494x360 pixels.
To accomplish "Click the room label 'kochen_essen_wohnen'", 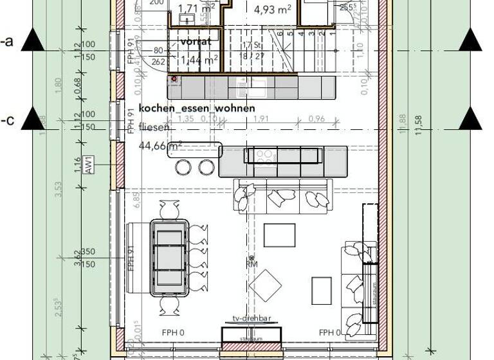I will tap(197, 108).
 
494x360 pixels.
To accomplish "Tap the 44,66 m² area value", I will tap(160, 146).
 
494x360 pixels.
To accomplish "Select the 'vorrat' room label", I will tap(196, 41).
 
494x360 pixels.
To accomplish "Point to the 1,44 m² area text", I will tap(199, 60).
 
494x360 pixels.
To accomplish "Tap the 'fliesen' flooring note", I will tap(154, 127).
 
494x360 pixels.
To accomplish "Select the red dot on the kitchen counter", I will tap(173, 78).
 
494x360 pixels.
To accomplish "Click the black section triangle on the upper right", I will tap(471, 42).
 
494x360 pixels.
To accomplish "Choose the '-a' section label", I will tap(8, 42).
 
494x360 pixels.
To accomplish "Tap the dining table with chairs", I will tap(169, 257).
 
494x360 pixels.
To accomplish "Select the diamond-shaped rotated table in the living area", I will tap(266, 283).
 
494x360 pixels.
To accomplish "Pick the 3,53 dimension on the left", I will tap(58, 190).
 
